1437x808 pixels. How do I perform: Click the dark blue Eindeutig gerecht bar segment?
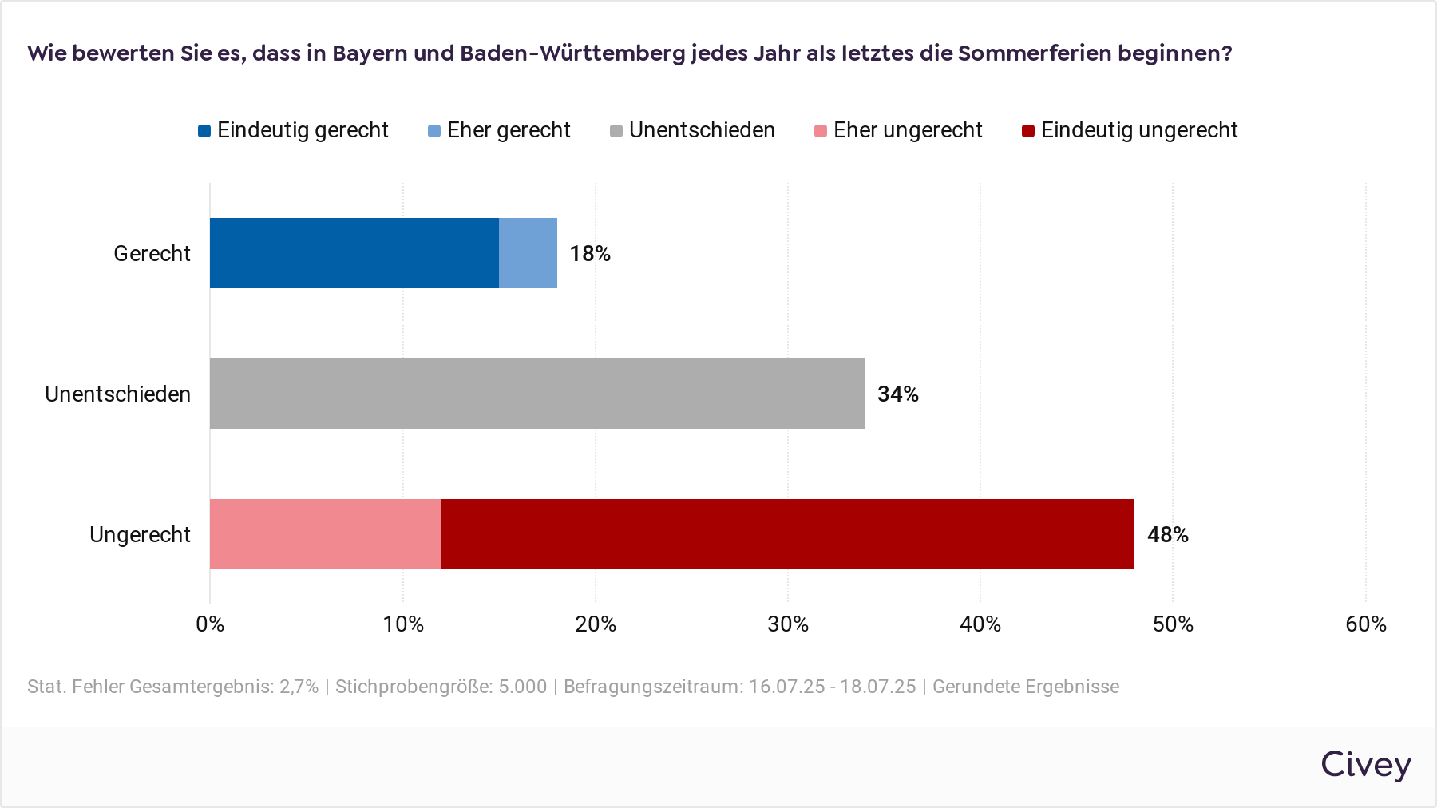pos(354,253)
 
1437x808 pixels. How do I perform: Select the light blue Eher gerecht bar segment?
pos(528,253)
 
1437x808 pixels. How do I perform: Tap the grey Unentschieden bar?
pos(536,394)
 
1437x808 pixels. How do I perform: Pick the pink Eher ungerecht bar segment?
pos(325,534)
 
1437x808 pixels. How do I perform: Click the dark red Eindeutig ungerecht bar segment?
pos(787,534)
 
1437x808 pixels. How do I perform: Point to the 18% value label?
pos(590,254)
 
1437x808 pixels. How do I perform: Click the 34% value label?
pos(898,394)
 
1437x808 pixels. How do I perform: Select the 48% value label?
pos(1168,535)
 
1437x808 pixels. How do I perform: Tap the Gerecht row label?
pos(152,254)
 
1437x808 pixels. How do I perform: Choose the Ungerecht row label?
pos(140,535)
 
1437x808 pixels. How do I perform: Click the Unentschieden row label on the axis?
pos(117,394)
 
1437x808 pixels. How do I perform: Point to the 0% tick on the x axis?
pos(210,624)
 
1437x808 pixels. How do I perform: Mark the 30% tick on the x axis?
pos(788,624)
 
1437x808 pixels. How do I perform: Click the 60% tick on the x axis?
pos(1366,624)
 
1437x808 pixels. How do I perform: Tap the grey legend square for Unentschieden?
pos(616,131)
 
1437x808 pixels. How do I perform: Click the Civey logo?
pos(1365,765)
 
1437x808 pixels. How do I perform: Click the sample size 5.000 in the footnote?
pos(523,687)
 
